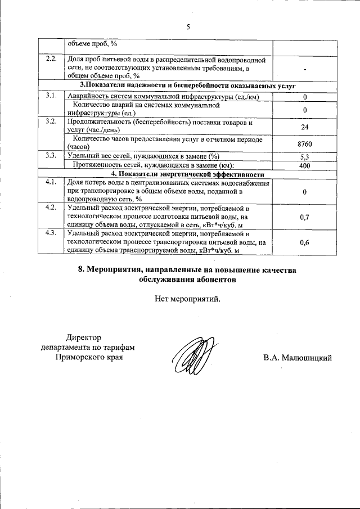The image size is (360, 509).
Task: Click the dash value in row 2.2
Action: pos(304,69)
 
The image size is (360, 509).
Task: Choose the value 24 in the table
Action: pos(304,127)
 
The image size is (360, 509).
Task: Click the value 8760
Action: pos(304,145)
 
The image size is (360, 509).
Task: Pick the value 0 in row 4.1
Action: pos(304,192)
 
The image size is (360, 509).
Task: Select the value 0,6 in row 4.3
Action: pos(304,242)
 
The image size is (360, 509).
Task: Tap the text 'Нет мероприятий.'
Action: pos(188,299)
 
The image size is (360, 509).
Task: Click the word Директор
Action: pos(84,337)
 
